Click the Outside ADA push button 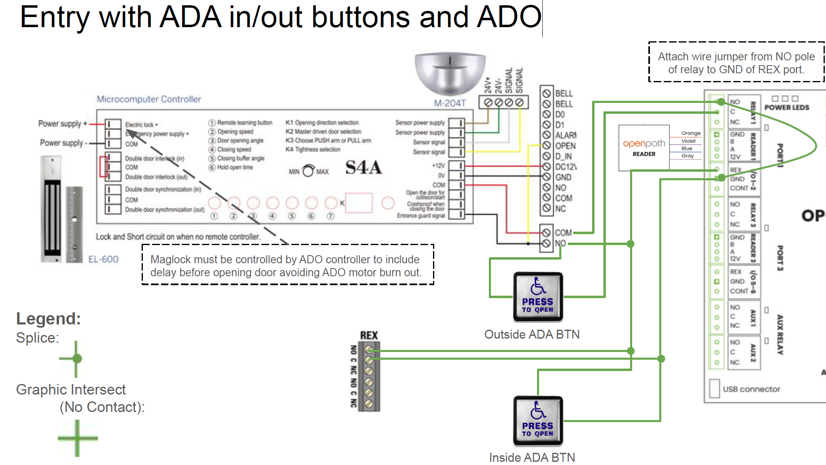538,297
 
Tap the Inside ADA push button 538,421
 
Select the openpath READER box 644,148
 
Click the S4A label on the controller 363,167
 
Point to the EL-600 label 104,259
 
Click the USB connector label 751,389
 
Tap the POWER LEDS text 786,107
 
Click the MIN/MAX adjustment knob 308,171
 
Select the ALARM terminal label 565,135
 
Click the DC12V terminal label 565,167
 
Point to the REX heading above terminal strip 369,335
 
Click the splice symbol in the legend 76,358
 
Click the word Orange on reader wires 690,133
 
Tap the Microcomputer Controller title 149,99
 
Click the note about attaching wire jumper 736,63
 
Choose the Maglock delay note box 288,265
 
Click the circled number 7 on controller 331,216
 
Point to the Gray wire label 687,156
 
